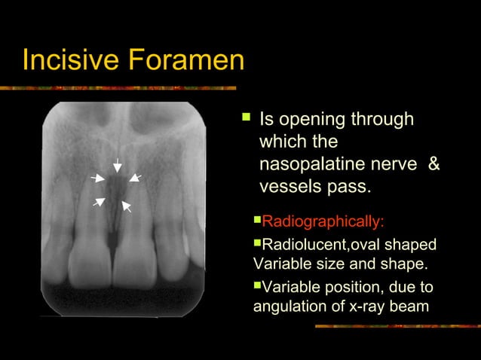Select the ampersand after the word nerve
pyautogui.click(x=434, y=163)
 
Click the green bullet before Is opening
pyautogui.click(x=244, y=117)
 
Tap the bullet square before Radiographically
pyautogui.click(x=257, y=221)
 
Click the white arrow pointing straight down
pyautogui.click(x=117, y=166)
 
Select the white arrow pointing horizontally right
pyautogui.click(x=97, y=178)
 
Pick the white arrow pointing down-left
pyautogui.click(x=135, y=178)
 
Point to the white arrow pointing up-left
pyautogui.click(x=127, y=206)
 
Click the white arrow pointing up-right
pyautogui.click(x=99, y=201)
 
